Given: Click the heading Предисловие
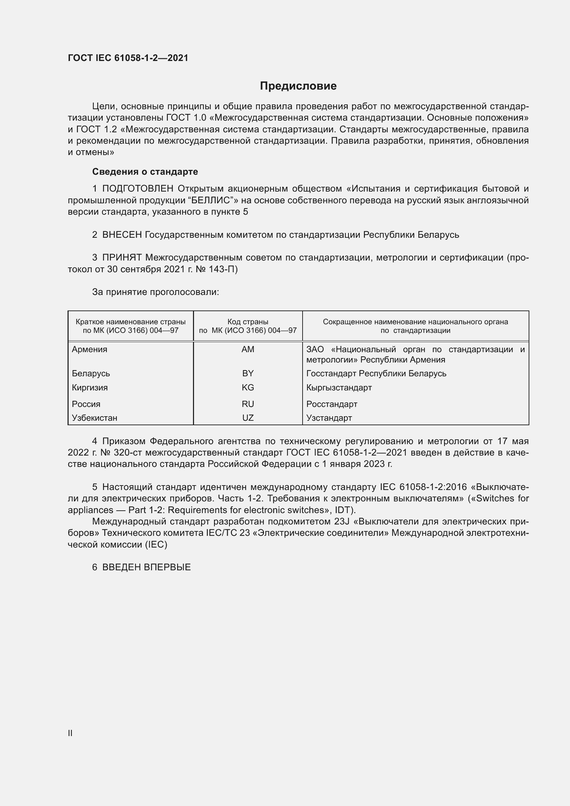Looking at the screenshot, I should pos(298,86).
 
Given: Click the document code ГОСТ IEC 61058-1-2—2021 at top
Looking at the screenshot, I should pos(128,58).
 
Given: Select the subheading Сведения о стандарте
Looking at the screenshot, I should pos(145,172).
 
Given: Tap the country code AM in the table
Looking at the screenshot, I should pos(248,349).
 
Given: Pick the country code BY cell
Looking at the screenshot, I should pos(248,373).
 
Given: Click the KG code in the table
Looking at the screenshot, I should pos(248,388).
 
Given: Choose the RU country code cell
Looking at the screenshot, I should pos(248,404).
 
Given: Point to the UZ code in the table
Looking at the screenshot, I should pos(248,418).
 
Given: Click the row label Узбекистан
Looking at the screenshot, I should pos(94,418).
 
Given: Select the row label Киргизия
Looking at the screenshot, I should pos(90,388).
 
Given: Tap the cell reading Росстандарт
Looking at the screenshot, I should pos(332,404).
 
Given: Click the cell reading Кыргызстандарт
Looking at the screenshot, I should pos(339,388).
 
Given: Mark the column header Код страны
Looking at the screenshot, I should pos(248,322).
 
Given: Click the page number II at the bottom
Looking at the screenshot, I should pos(70,733).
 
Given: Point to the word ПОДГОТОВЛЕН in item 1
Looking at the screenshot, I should pos(138,189).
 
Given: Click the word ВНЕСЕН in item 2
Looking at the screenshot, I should pos(122,235).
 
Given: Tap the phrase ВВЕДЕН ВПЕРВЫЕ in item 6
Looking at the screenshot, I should pos(146,567).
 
